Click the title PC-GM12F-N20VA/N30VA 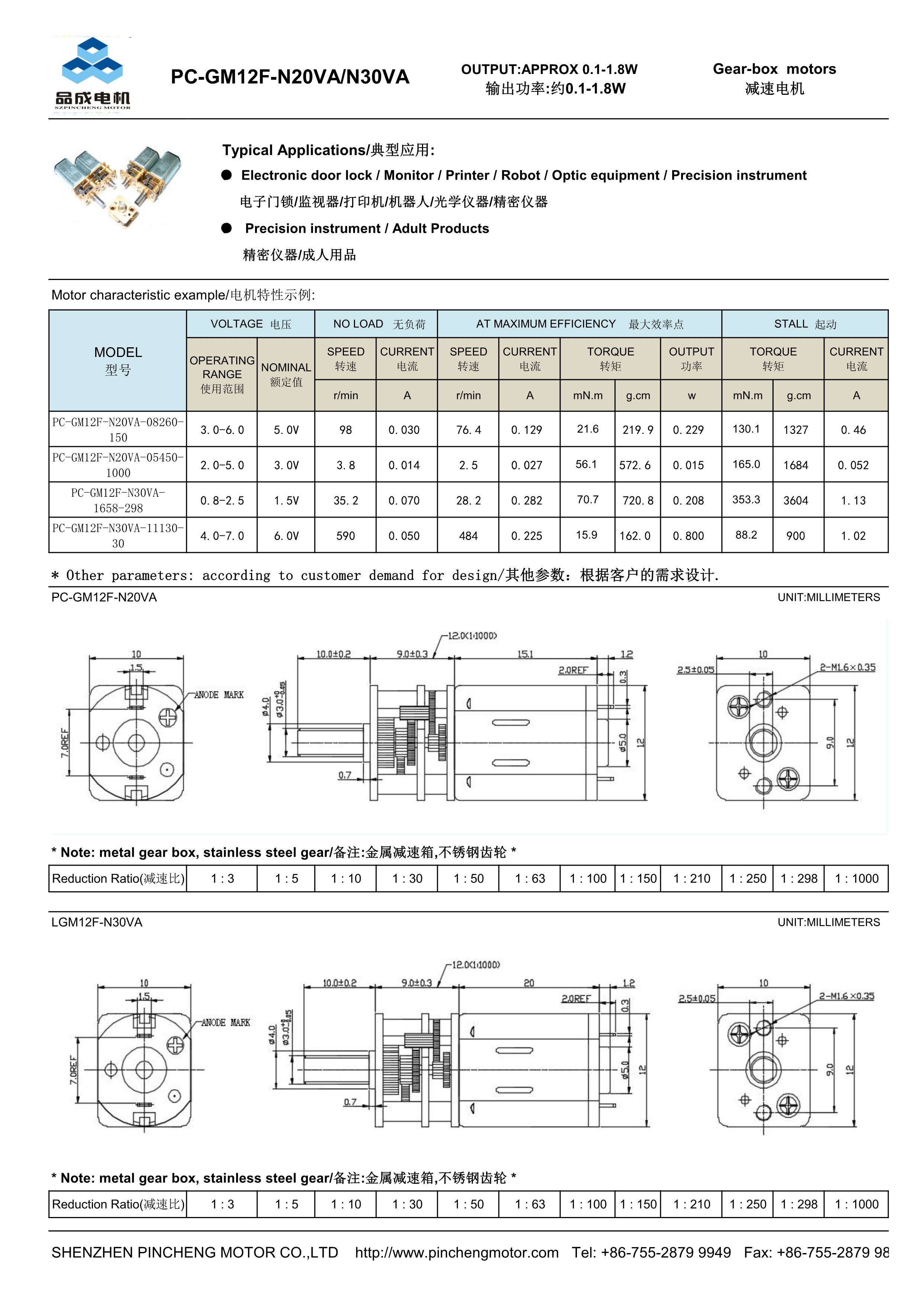point(290,77)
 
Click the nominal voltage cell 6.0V point(286,535)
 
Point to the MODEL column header point(118,360)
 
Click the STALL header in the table point(805,324)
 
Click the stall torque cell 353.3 point(746,500)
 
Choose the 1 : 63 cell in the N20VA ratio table point(530,879)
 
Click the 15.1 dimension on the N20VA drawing point(525,654)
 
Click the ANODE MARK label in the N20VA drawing point(219,695)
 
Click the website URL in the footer point(457,1252)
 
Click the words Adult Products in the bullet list point(441,228)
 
